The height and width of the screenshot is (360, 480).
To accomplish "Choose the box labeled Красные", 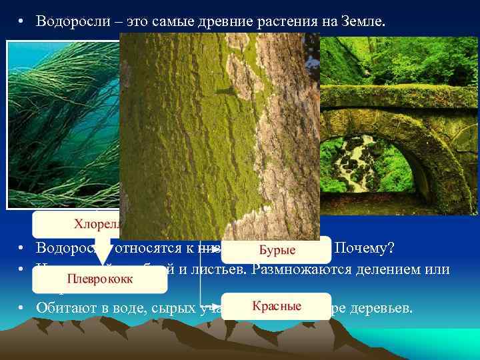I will (277, 307).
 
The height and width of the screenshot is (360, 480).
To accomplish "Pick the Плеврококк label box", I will (100, 278).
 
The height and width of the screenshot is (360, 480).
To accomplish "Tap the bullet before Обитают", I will (21, 308).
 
